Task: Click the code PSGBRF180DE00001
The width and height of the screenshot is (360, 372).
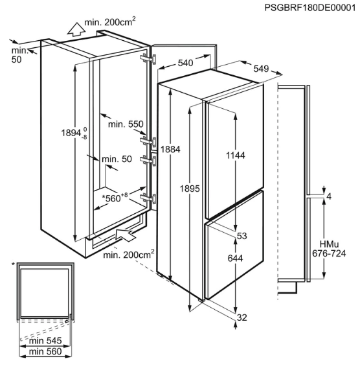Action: click(310, 8)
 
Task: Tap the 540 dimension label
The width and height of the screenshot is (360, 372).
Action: click(186, 63)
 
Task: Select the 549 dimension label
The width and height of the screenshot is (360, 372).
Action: click(261, 69)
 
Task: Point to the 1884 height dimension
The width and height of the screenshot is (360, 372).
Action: click(170, 149)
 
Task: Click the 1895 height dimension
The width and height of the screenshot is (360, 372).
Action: click(190, 189)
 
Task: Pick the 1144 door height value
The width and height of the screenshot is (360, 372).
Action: click(235, 156)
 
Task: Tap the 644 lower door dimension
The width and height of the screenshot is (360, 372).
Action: click(235, 258)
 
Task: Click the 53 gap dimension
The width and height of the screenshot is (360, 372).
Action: click(242, 236)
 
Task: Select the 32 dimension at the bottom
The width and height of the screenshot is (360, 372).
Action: click(242, 318)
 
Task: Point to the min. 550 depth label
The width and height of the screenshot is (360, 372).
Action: click(126, 124)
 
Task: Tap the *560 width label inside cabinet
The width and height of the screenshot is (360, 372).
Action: click(115, 198)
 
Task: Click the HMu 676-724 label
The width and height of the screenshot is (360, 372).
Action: click(329, 249)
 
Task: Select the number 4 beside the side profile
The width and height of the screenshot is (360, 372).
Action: click(329, 196)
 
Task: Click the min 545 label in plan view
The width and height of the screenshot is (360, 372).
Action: click(45, 341)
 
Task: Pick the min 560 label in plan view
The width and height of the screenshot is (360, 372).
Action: click(45, 351)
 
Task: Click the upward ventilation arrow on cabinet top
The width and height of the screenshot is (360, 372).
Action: click(76, 29)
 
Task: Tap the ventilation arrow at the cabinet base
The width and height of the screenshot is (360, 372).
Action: click(126, 235)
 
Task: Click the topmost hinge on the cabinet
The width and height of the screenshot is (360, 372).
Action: click(148, 59)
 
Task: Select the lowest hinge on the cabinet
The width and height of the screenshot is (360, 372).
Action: click(148, 198)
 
